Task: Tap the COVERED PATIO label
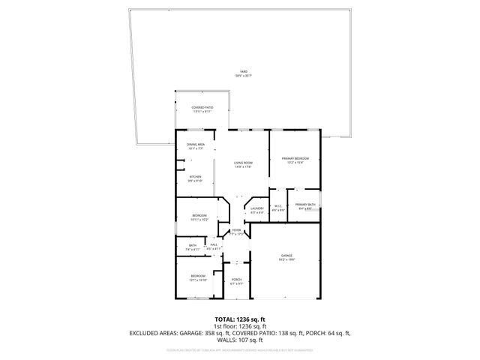point(202,108)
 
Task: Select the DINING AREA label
point(195,145)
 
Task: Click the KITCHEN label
point(195,177)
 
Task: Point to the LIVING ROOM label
point(241,163)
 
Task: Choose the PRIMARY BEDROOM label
point(295,158)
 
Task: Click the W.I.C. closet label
point(277,207)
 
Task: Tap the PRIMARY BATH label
point(305,205)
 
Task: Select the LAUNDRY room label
point(256,208)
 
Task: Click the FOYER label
point(236,230)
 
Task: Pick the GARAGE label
point(286,255)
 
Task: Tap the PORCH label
point(235,280)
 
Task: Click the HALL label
point(214,244)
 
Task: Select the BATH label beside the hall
point(193,244)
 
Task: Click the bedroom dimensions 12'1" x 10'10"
point(198,280)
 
